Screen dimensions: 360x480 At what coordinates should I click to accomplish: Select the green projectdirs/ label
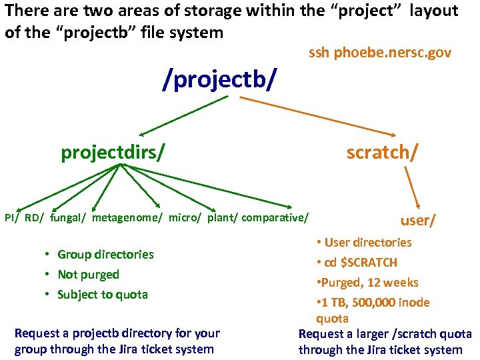point(113,153)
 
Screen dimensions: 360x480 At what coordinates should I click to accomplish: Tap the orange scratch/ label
point(383,153)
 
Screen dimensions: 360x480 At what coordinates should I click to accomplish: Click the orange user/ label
point(418,221)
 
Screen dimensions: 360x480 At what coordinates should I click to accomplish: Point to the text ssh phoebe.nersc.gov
point(380,53)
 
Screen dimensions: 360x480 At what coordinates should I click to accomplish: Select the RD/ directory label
point(34,217)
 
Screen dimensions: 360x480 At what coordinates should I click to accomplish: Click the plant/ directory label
point(222,217)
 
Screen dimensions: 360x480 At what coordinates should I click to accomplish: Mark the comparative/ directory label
point(275,217)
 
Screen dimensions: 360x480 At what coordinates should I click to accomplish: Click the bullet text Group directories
point(105,254)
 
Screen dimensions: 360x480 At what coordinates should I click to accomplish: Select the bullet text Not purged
point(88,274)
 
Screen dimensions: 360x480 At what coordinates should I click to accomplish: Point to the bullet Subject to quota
point(103,294)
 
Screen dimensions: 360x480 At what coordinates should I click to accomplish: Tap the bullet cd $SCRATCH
point(361,262)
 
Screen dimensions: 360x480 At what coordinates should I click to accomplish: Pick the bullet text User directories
point(368,242)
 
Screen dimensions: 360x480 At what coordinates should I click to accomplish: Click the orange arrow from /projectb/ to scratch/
point(320,115)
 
